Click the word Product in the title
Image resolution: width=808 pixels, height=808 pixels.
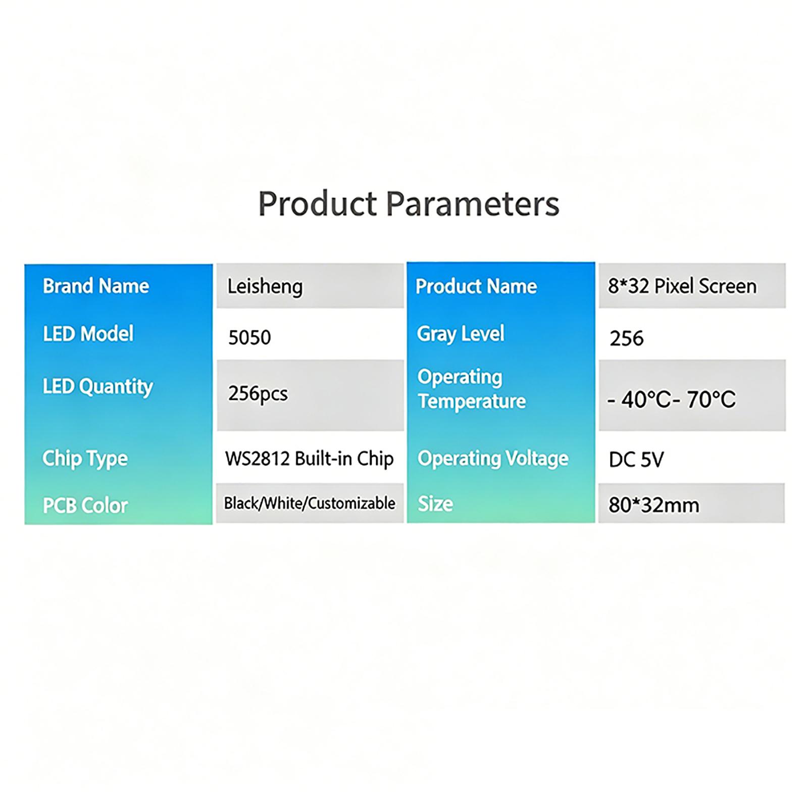click(x=318, y=204)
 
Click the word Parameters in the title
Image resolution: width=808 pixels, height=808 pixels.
click(x=473, y=204)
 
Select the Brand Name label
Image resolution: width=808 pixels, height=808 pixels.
click(x=96, y=286)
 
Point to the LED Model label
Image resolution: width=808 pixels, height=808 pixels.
click(x=88, y=334)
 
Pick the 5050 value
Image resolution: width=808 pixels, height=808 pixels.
click(x=249, y=337)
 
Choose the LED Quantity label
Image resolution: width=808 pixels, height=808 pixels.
click(x=98, y=387)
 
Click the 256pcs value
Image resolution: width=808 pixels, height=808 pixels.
click(x=258, y=393)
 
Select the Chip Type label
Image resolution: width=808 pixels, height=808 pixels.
click(x=85, y=459)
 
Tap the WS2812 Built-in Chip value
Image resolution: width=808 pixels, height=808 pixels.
click(x=310, y=459)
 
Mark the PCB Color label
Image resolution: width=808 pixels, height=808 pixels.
click(x=85, y=506)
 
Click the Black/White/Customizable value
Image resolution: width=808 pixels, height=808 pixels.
click(x=310, y=503)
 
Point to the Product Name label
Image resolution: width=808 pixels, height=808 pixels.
click(x=476, y=286)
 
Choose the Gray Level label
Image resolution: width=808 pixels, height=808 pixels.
click(x=461, y=334)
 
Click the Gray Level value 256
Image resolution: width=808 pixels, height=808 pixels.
click(x=627, y=338)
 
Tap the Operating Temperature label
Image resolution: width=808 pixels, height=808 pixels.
click(x=472, y=389)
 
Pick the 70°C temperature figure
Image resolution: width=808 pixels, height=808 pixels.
click(x=711, y=399)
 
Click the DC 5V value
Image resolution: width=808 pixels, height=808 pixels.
click(x=636, y=460)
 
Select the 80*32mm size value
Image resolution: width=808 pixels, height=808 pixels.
click(x=654, y=505)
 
